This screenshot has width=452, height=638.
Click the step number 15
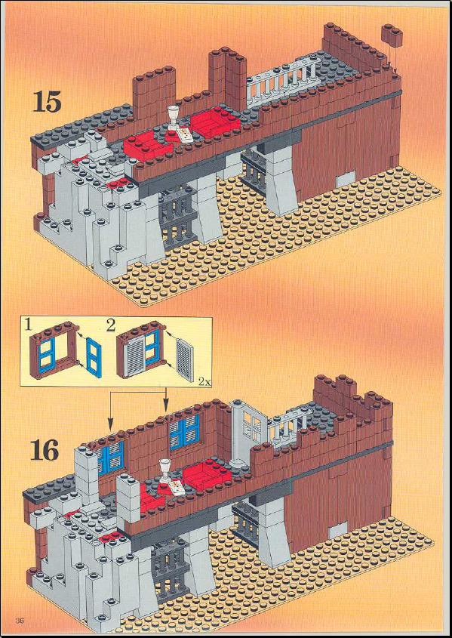[47, 101]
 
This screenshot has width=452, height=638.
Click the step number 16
[45, 449]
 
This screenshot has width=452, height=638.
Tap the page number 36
[20, 621]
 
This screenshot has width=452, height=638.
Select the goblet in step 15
[174, 118]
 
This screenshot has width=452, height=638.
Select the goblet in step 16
[165, 471]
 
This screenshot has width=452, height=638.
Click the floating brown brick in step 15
[392, 34]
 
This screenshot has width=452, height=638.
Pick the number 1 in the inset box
[27, 325]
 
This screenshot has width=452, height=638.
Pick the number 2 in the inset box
[110, 325]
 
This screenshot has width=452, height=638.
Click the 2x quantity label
[204, 381]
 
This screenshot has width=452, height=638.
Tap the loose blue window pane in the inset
[94, 354]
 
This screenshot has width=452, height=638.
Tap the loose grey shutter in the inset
[185, 360]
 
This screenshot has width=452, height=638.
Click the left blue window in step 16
[110, 458]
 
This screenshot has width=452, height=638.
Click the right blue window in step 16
[185, 432]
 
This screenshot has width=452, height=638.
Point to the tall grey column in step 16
[237, 434]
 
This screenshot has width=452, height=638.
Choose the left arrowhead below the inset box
[110, 426]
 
